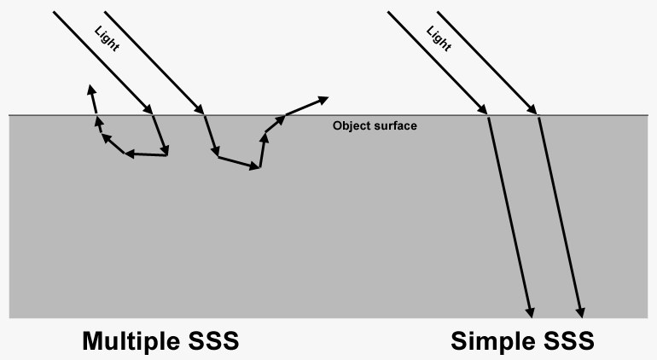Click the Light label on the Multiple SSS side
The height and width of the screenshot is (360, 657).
tap(107, 38)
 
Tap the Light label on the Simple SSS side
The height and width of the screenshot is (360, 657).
tap(439, 38)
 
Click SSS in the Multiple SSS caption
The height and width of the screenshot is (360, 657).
tap(213, 340)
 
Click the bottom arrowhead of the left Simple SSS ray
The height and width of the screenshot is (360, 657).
tap(531, 313)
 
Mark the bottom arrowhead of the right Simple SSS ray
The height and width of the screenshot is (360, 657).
tap(581, 313)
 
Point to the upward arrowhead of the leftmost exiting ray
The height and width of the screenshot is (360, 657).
tap(91, 89)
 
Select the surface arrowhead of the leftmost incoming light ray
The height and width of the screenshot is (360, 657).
tap(148, 110)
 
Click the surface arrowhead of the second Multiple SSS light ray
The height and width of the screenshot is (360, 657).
tap(200, 110)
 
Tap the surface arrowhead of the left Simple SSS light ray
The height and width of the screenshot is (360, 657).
tap(483, 110)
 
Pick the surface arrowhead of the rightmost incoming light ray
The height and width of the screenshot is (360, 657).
tap(532, 110)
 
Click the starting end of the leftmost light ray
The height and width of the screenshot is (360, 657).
tap(54, 12)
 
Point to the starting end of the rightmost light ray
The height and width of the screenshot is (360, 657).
tap(438, 12)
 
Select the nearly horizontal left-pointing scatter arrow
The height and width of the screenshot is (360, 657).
tap(146, 154)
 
